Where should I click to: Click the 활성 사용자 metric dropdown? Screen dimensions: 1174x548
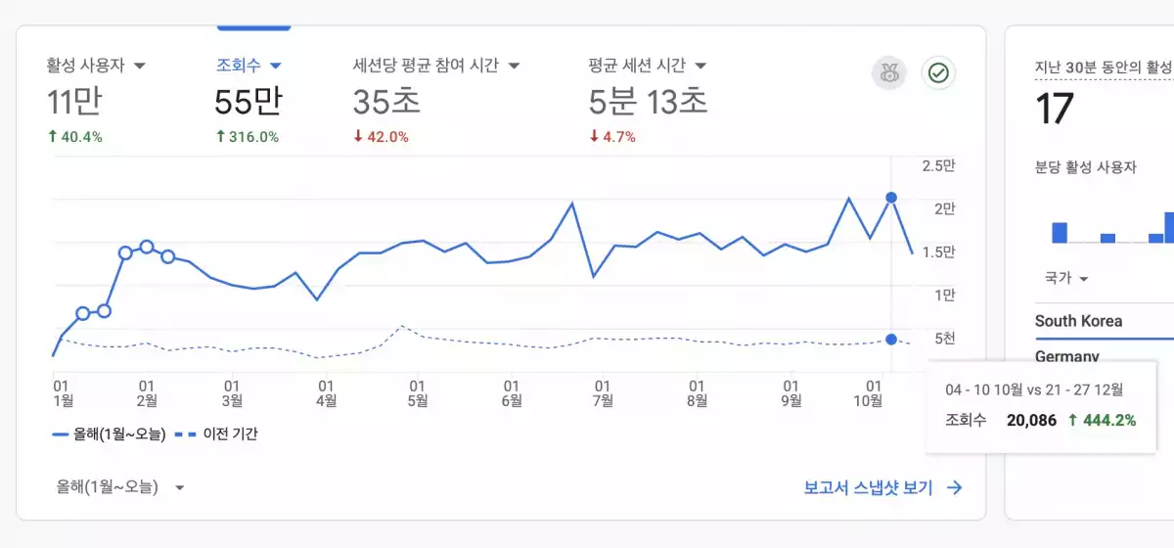point(96,66)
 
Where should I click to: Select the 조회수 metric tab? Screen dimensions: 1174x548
point(248,66)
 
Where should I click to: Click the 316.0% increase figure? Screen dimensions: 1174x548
point(248,137)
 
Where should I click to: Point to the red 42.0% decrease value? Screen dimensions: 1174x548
point(381,137)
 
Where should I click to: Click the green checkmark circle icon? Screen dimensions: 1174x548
point(938,72)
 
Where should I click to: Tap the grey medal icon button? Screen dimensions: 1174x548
point(889,72)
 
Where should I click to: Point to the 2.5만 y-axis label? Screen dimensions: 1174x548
point(938,165)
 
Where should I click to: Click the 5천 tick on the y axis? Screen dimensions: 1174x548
point(945,339)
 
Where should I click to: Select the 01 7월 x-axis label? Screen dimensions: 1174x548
point(603,393)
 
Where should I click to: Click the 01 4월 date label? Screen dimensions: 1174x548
point(326,393)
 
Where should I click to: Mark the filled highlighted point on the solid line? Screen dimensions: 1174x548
point(891,198)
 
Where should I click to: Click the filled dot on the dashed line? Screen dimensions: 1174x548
point(891,340)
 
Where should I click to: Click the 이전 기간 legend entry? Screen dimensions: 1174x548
point(216,434)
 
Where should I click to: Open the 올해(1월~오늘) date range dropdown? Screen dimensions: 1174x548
point(120,487)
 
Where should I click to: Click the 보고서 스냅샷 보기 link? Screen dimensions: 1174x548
point(883,487)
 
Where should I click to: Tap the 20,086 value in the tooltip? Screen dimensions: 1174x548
point(1031,420)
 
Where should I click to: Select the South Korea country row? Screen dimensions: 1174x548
point(1078,321)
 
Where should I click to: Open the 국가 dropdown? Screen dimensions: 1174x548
point(1066,277)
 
